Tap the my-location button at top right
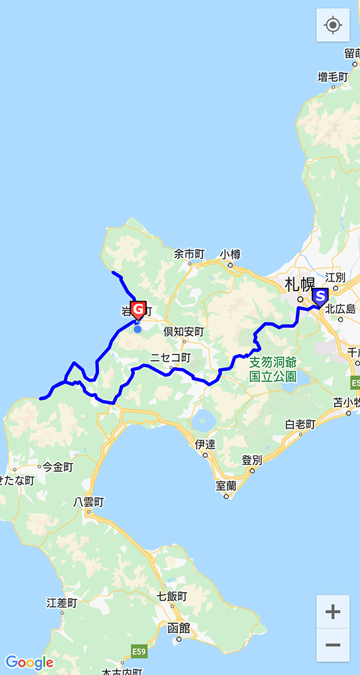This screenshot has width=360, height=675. pos(333,25)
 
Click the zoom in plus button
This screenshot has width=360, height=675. pos(333,612)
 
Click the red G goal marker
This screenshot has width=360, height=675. pos(138,310)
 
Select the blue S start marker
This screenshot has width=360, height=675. pos(320,296)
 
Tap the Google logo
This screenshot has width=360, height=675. pos(29,662)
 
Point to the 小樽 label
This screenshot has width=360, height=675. pos(230,254)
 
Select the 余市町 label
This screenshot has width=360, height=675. pos(190,254)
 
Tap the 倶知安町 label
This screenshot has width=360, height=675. pos(184,331)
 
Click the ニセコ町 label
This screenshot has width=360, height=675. pos(170,358)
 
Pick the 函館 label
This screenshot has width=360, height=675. pos(179,628)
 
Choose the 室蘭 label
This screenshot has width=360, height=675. pos(226,485)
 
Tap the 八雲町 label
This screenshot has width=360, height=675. pos(88,502)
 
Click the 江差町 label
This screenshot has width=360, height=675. pos(62,602)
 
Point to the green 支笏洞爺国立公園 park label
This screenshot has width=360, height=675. pos(273,370)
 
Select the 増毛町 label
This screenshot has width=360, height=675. pos(333,77)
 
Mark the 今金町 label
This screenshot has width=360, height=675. pos(57,466)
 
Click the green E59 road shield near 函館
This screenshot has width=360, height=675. pos(139,651)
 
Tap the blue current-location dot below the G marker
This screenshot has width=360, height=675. pos(137,329)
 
